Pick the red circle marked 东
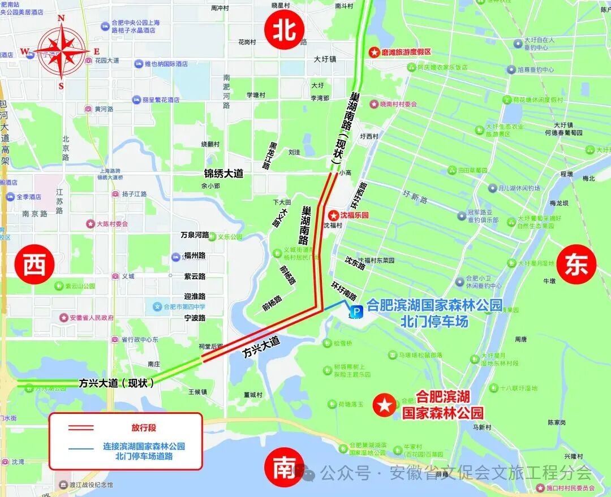tap(576, 266)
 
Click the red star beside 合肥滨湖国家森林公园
tap(385, 405)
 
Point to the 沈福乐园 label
tap(354, 215)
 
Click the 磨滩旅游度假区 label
tap(406, 52)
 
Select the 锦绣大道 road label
tap(223, 174)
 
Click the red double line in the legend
tap(81, 427)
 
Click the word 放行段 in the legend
tap(144, 427)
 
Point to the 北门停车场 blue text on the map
tap(434, 321)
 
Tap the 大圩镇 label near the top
tap(325, 59)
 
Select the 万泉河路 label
tap(195, 235)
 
